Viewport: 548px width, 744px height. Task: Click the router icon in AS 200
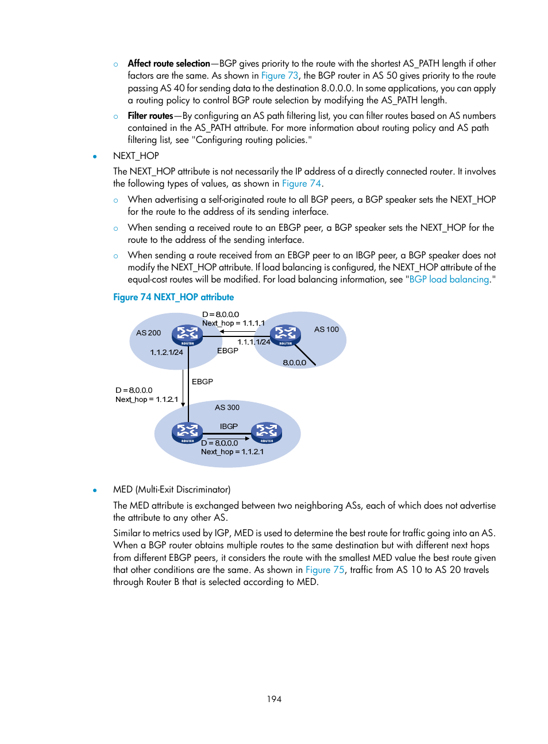(x=187, y=335)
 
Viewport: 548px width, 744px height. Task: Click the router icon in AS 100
(x=285, y=335)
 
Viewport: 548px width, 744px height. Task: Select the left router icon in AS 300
(x=187, y=433)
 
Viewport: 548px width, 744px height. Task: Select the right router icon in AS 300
(x=267, y=433)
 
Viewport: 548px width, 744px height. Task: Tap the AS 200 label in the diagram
(x=148, y=333)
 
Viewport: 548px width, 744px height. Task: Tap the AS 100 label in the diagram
(x=326, y=330)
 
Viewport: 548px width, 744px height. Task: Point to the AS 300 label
(x=227, y=408)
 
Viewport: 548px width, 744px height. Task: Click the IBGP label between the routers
(x=229, y=427)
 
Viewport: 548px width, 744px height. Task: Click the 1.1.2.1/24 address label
(x=167, y=352)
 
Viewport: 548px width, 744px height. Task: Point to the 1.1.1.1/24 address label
(x=253, y=342)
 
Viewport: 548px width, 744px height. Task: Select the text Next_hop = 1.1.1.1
(x=233, y=323)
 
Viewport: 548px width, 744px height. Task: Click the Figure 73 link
(x=280, y=76)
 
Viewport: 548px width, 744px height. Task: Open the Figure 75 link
(x=325, y=570)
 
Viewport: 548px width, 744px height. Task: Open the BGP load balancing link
(x=449, y=280)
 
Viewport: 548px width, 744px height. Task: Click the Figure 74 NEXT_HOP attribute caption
(x=173, y=297)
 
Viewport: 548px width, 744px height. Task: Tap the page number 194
(x=274, y=699)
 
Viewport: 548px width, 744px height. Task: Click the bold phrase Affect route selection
(x=169, y=64)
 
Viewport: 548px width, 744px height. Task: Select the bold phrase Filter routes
(x=150, y=116)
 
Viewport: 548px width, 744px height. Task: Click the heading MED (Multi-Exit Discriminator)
(x=172, y=490)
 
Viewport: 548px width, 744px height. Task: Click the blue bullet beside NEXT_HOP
(x=95, y=156)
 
